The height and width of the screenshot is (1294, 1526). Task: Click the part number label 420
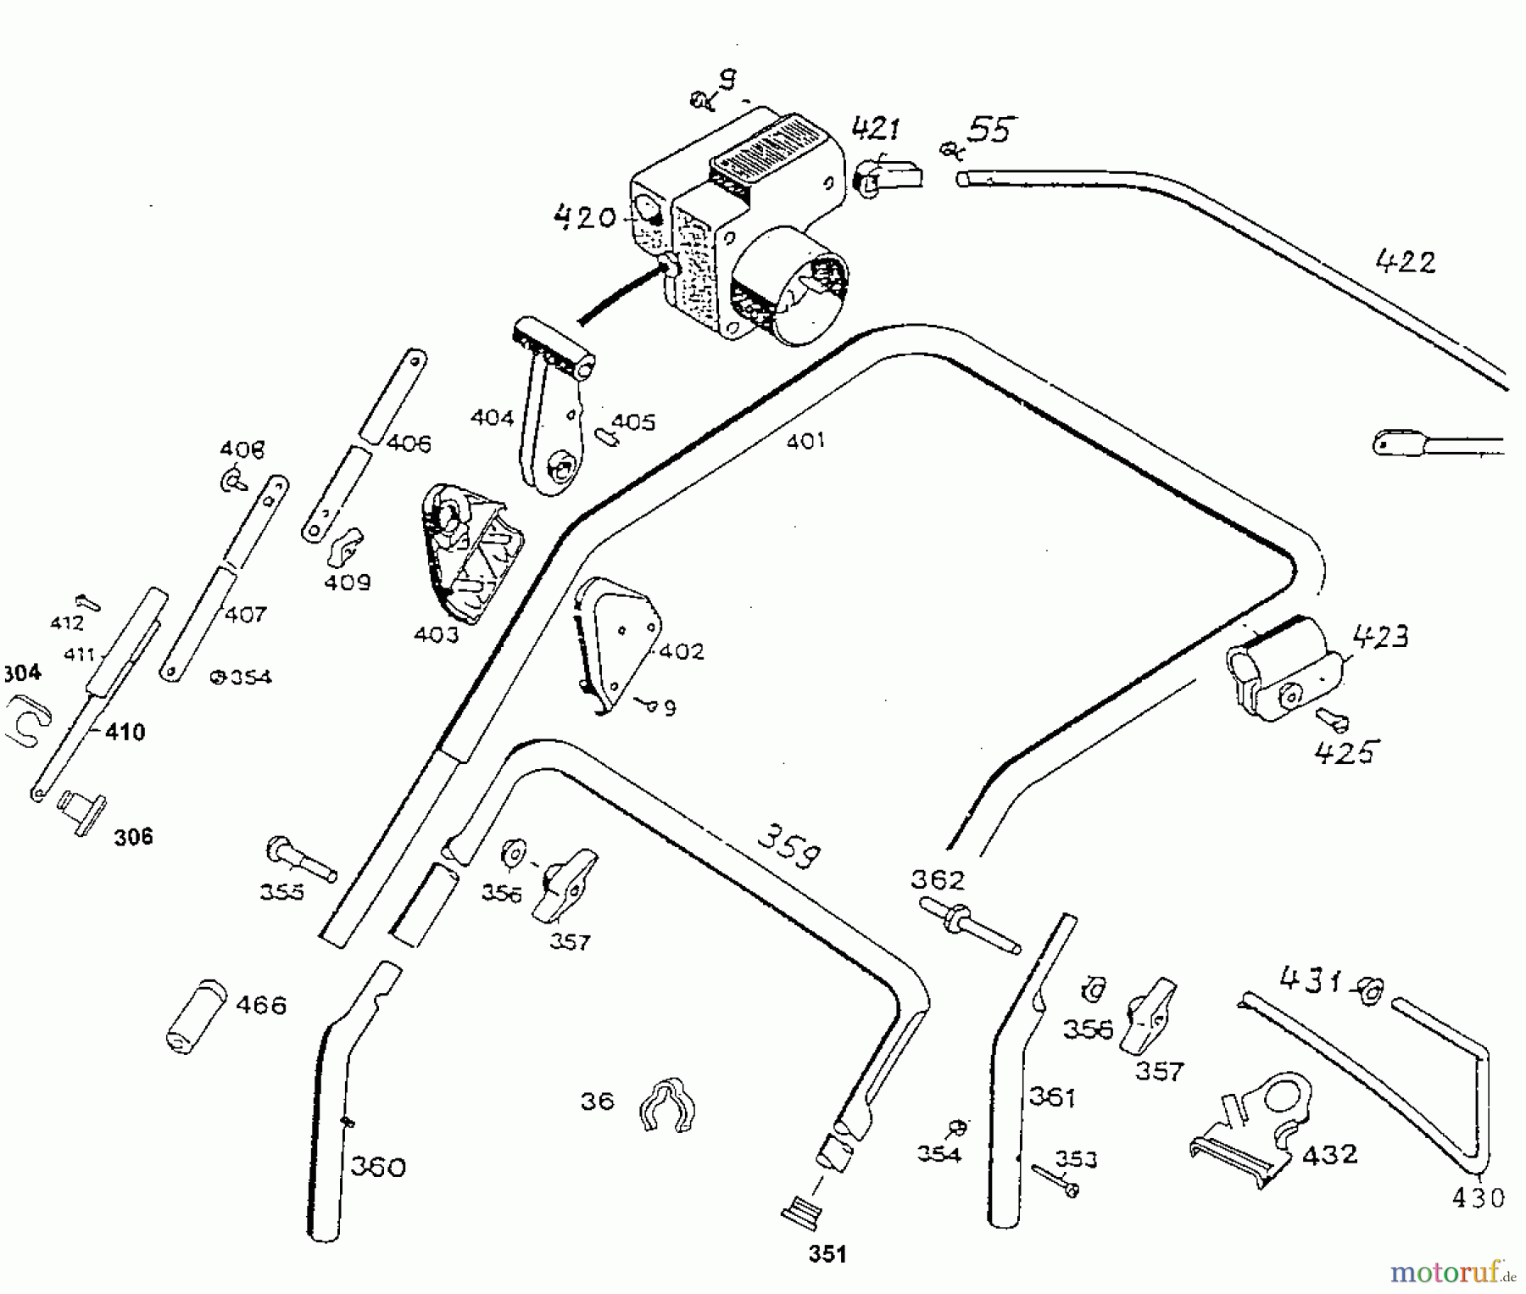pos(583,217)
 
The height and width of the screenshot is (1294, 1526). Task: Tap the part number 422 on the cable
pos(1405,262)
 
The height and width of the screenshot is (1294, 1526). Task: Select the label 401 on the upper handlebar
pos(805,441)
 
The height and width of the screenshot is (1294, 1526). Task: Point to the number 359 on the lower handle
pos(788,847)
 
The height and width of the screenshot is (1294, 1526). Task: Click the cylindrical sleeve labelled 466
pos(194,1016)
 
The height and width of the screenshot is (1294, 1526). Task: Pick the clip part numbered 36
pos(668,1105)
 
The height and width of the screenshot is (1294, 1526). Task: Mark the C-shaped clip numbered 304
pos(28,719)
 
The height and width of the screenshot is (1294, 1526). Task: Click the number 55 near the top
pos(989,131)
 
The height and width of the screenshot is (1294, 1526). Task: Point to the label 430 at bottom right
pos(1478,1197)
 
